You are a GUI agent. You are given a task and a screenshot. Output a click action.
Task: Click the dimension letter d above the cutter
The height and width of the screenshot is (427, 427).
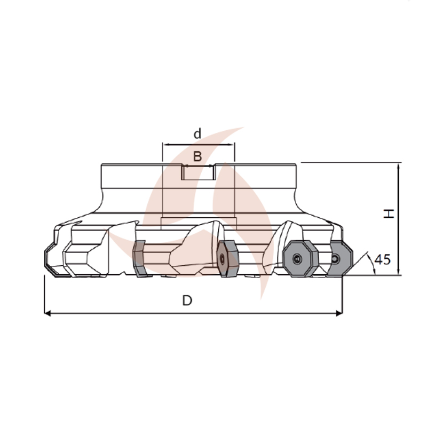click(197, 134)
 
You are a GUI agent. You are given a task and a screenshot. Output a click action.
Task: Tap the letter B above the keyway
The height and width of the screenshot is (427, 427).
click(197, 156)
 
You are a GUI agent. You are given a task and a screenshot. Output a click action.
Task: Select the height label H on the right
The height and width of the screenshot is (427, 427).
click(389, 213)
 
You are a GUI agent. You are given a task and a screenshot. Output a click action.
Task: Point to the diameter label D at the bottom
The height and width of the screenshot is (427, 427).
click(187, 301)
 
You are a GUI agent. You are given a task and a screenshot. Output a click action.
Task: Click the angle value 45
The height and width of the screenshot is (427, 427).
click(383, 259)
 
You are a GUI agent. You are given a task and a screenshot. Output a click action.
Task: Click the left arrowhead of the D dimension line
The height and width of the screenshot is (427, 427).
click(48, 313)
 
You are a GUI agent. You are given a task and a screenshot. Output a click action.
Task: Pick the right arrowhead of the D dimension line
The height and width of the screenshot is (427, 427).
click(339, 313)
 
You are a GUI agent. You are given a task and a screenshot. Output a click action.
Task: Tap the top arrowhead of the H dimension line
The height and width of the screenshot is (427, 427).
click(398, 166)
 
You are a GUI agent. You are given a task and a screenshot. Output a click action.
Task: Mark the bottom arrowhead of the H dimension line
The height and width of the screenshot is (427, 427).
click(398, 271)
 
